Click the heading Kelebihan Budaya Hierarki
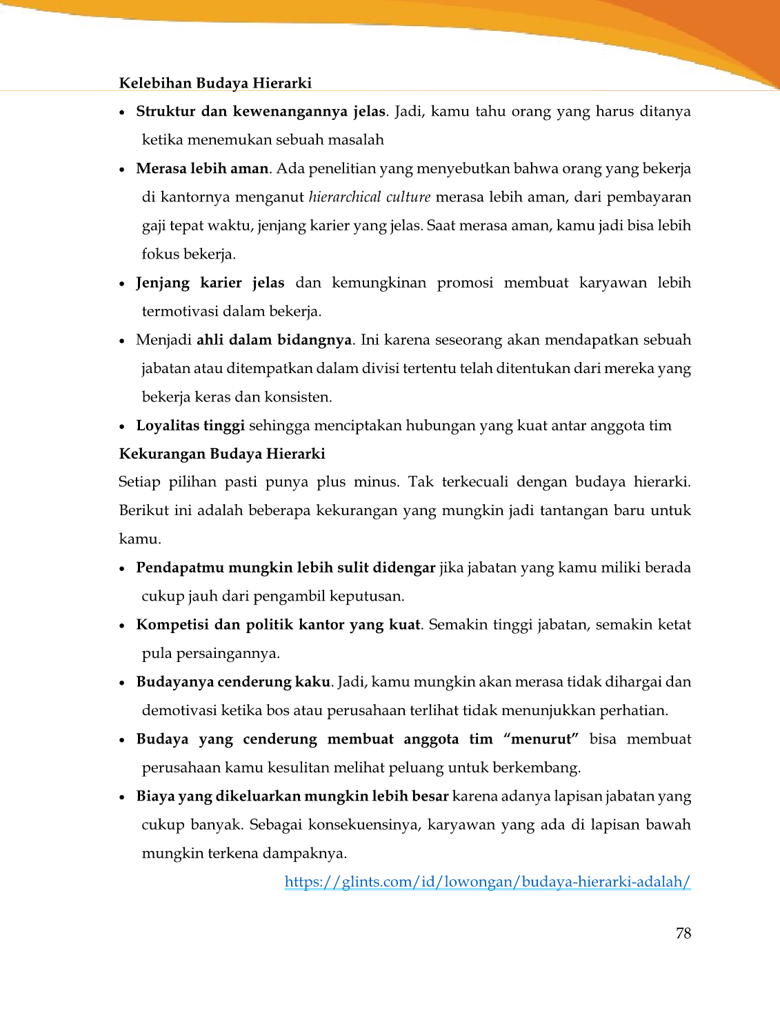click(215, 83)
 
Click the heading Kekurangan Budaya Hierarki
click(222, 454)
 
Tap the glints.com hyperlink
click(487, 881)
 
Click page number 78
click(683, 933)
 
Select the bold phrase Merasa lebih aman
click(202, 169)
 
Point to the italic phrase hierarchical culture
click(369, 197)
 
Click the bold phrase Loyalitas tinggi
click(190, 426)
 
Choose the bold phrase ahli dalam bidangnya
click(274, 340)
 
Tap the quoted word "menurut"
click(541, 739)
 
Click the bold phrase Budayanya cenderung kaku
click(233, 682)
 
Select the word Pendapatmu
click(180, 568)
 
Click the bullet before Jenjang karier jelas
click(122, 284)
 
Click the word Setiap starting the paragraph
click(139, 482)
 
